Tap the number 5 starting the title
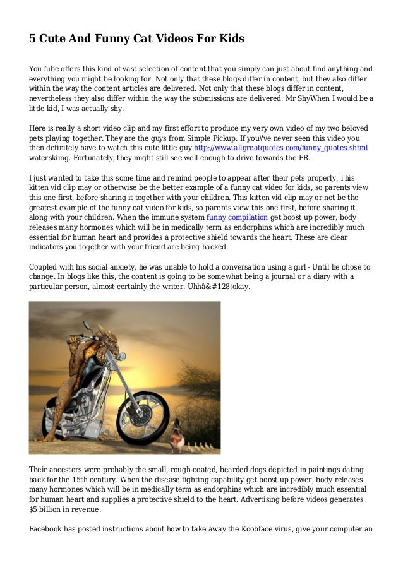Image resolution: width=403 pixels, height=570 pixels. [33, 39]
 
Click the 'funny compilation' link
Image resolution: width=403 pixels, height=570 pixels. [233, 218]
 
